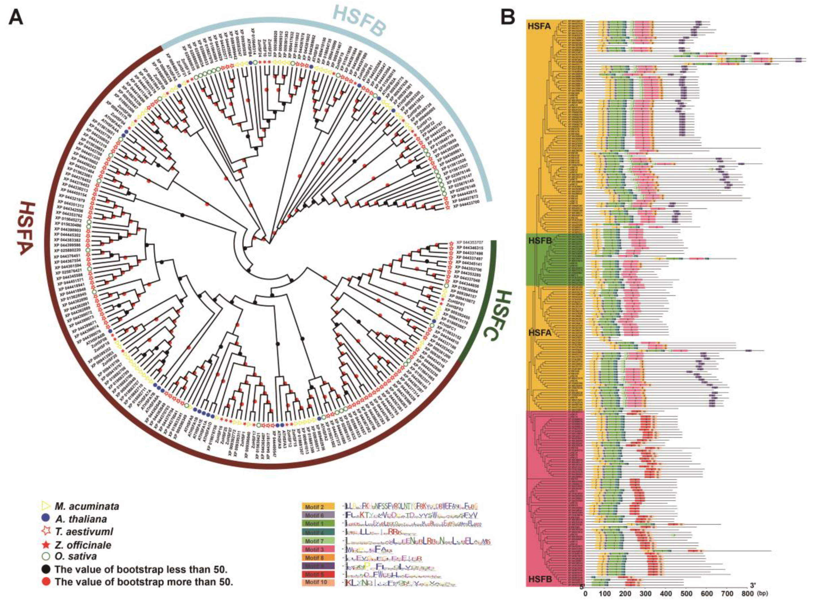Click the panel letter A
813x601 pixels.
tap(17, 17)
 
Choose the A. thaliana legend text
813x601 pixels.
tap(81, 519)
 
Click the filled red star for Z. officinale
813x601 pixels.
tap(46, 545)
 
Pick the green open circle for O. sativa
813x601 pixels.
tap(46, 557)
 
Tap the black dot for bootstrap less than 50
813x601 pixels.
tap(46, 569)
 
